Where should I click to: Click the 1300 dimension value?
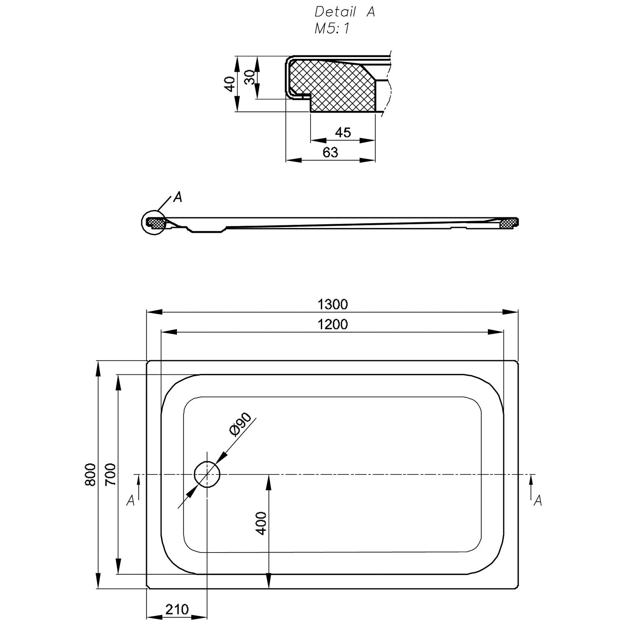click(332, 304)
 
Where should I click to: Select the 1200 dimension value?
click(332, 324)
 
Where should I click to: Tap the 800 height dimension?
click(91, 475)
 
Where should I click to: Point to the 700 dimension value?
click(111, 475)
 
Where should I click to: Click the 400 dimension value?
click(261, 523)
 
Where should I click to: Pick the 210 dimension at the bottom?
click(177, 610)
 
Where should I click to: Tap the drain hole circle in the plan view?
click(207, 475)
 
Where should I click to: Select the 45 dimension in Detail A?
click(343, 133)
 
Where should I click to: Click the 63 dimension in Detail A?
click(330, 152)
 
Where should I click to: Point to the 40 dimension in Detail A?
click(229, 84)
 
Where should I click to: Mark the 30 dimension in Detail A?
click(249, 77)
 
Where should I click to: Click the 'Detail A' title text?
click(345, 12)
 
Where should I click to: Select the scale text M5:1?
click(332, 29)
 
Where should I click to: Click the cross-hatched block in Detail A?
click(334, 86)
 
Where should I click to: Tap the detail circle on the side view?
click(154, 222)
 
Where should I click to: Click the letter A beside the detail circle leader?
click(178, 197)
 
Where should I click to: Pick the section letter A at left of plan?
click(131, 500)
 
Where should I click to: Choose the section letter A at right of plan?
click(538, 500)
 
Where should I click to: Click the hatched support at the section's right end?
click(507, 224)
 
